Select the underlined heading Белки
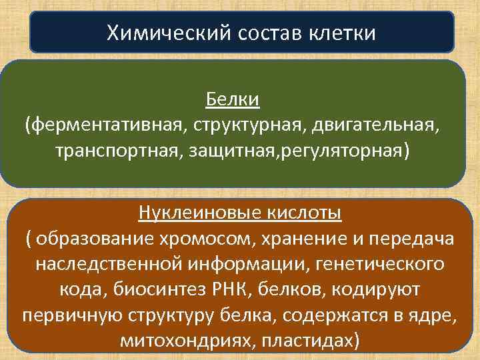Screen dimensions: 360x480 point(232,101)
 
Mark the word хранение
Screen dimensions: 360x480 point(291,239)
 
